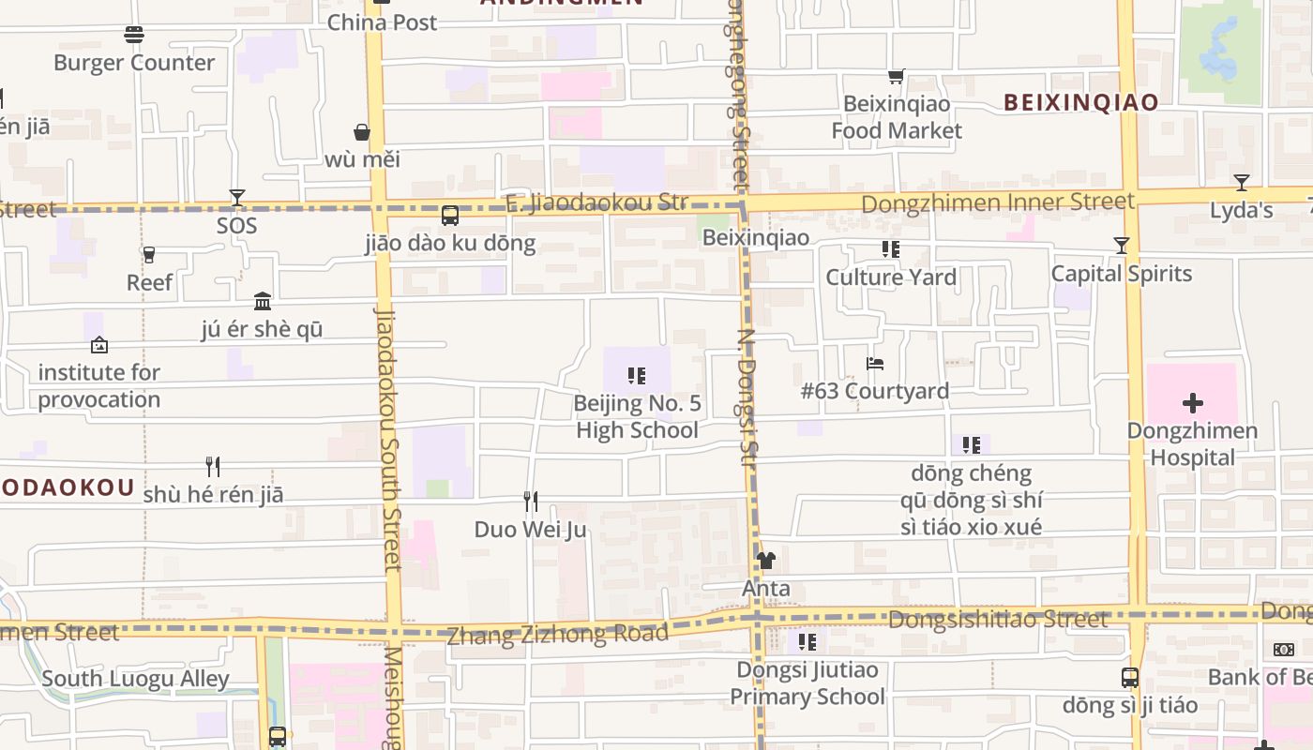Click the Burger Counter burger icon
(134, 35)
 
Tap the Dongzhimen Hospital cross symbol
(1192, 404)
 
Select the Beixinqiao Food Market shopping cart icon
(897, 77)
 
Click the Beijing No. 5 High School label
(637, 417)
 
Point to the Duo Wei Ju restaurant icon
(531, 502)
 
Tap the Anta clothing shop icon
(766, 561)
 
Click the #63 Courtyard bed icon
(875, 363)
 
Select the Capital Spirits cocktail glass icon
(1121, 246)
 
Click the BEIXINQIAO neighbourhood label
(1080, 102)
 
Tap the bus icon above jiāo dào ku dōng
(450, 216)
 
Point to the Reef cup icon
(148, 254)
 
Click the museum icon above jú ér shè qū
(263, 301)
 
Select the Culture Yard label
(891, 277)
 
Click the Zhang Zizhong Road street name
(557, 635)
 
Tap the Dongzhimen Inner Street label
(998, 202)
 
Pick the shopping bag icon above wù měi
(362, 132)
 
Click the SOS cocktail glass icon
(236, 198)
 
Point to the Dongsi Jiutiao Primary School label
(807, 683)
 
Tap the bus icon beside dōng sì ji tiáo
(1130, 677)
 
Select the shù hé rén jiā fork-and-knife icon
(213, 466)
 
